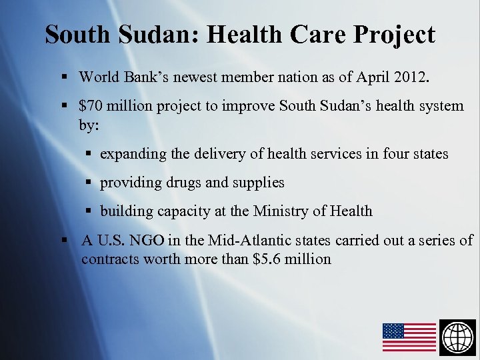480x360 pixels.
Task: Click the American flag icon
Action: tap(409, 337)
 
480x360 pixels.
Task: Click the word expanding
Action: tap(133, 154)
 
